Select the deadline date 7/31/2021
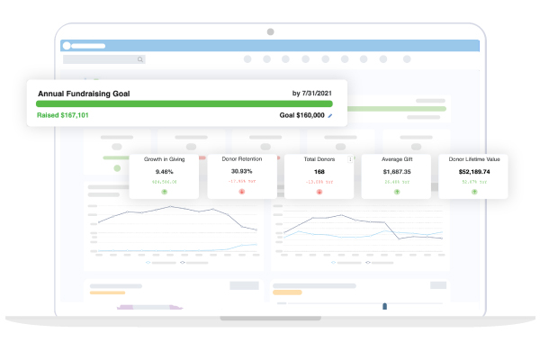313,93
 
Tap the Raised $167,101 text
63,115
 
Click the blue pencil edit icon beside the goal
330,115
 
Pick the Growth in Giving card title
165,158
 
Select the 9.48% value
165,171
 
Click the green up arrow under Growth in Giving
165,192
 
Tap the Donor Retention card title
243,158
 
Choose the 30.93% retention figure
243,171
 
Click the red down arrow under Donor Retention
243,192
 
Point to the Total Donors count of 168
319,171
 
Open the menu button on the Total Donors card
350,159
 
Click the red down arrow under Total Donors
319,192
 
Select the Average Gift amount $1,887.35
397,171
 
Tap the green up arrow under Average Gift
397,192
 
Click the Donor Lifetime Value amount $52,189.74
473,171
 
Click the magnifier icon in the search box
140,59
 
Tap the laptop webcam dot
270,31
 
